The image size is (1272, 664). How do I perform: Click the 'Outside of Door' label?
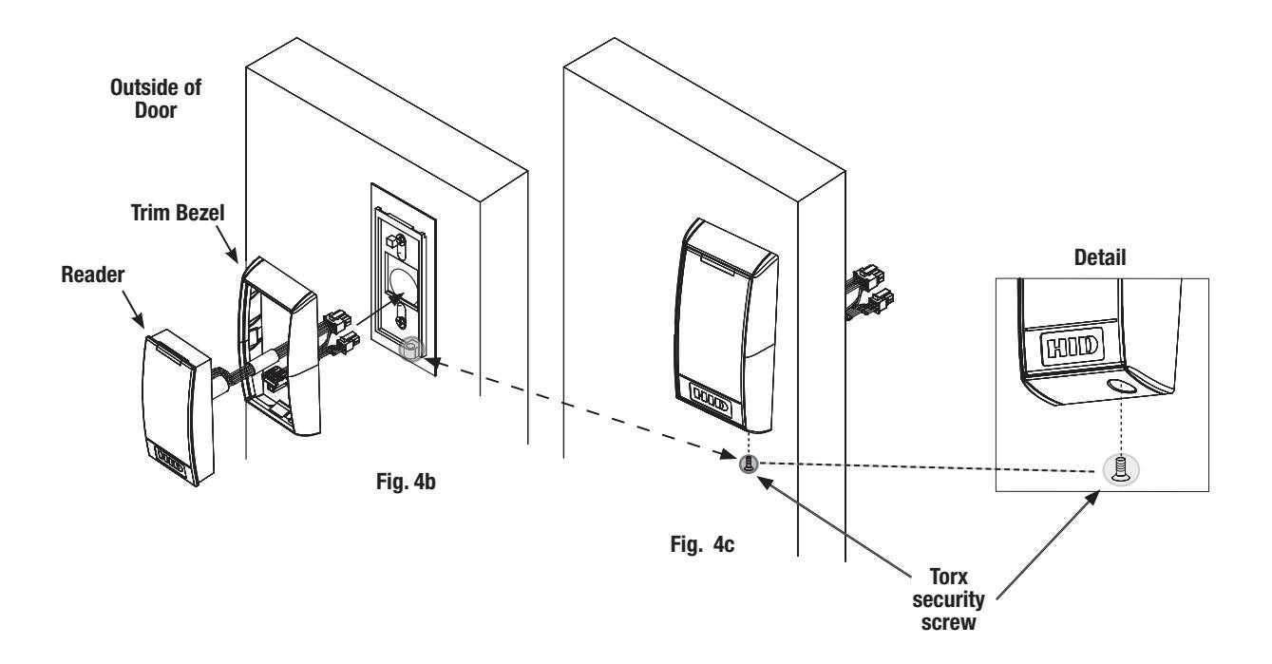(x=156, y=99)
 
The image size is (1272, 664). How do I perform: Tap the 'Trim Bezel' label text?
(x=178, y=213)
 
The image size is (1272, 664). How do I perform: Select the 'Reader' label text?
(x=92, y=275)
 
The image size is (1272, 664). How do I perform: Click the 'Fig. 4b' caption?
(x=406, y=482)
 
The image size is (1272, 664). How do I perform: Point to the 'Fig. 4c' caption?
(x=702, y=544)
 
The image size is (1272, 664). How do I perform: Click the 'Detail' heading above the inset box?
(x=1099, y=257)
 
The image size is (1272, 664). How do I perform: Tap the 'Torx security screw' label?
(x=948, y=599)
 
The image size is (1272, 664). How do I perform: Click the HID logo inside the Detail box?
(x=1072, y=346)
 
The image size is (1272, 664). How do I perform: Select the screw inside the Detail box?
(x=1121, y=470)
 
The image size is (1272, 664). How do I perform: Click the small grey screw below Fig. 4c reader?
(x=749, y=465)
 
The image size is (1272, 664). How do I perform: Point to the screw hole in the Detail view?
(x=1121, y=387)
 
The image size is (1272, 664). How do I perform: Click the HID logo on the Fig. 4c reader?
(x=711, y=398)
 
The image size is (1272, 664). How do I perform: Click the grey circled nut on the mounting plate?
(x=411, y=349)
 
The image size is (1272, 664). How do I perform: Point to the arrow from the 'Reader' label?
(x=133, y=309)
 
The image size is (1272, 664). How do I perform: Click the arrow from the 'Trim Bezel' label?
(x=227, y=244)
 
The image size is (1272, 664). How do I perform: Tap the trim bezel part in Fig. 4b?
(x=278, y=347)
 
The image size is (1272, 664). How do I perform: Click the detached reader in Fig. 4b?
(x=178, y=408)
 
